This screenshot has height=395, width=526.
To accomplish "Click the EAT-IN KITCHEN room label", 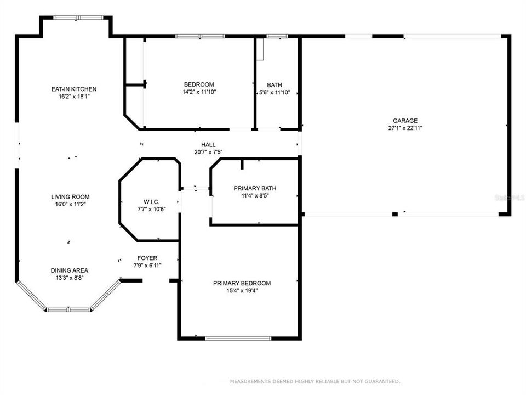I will coord(73,89).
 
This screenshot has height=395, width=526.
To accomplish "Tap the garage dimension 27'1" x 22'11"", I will coord(405,128).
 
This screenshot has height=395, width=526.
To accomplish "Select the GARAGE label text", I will coord(405,121).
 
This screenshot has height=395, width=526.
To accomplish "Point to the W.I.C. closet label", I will coord(151,202).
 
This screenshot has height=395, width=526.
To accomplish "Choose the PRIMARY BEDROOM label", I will coord(242,283).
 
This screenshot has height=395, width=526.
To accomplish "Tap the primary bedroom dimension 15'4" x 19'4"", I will coord(242,291).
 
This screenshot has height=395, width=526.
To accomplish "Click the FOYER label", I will coord(147,258).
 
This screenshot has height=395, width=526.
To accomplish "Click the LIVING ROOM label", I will coord(70,197).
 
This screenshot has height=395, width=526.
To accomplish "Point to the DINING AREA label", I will coord(69,270).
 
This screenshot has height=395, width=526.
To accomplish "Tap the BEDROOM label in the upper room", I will coord(199,84).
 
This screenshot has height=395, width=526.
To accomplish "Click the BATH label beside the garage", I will coord(275,85).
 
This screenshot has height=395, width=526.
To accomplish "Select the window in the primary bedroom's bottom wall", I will coord(238,338).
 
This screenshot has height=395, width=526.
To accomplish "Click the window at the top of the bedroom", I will coord(199,36).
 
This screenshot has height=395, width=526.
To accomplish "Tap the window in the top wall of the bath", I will coord(277,36).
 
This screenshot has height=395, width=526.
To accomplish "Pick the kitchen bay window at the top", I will coord(77,18).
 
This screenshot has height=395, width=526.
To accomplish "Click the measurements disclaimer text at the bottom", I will coord(315,381).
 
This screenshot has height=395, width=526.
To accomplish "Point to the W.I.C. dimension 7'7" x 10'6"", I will coord(151,209).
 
